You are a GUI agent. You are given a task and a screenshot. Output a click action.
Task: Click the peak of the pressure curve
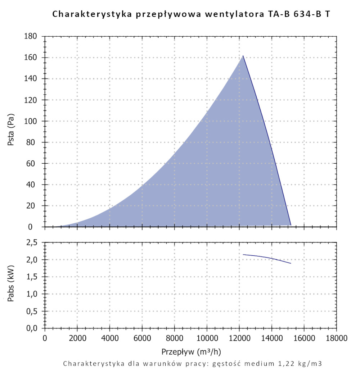(x=243, y=56)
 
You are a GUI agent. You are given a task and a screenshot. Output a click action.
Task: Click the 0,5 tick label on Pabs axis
(x=32, y=311)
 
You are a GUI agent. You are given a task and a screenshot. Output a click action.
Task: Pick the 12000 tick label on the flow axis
(x=239, y=338)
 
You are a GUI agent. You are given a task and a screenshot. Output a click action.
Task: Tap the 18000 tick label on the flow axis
(x=337, y=338)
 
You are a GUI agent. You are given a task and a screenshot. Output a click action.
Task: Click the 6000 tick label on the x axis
(x=142, y=338)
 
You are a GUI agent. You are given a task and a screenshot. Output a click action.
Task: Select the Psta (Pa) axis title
(x=11, y=131)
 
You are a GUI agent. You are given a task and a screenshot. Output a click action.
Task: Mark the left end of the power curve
(x=243, y=255)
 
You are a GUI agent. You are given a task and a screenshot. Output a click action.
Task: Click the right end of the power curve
(x=291, y=263)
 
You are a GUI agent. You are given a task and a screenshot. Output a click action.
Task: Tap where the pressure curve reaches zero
(x=291, y=226)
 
